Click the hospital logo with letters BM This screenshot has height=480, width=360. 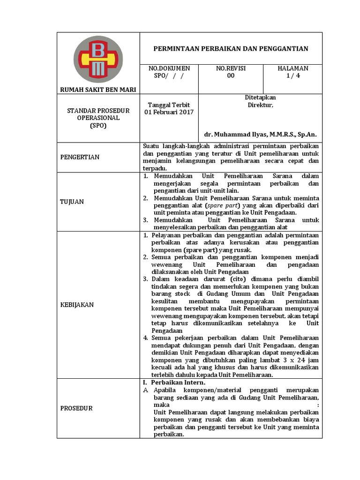pyautogui.click(x=98, y=59)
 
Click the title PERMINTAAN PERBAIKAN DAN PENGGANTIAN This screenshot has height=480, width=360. pyautogui.click(x=231, y=49)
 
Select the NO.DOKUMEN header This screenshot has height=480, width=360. pyautogui.click(x=166, y=68)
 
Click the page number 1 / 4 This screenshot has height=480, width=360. pyautogui.click(x=293, y=76)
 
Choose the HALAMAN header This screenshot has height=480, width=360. pyautogui.click(x=293, y=68)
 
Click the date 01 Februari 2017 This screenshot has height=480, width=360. pyautogui.click(x=169, y=112)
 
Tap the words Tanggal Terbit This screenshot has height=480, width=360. pyautogui.click(x=169, y=105)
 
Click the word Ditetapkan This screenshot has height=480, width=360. pyautogui.click(x=260, y=97)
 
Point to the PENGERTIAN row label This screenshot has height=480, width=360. pyautogui.click(x=80, y=157)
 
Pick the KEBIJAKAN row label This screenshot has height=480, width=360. pyautogui.click(x=77, y=305)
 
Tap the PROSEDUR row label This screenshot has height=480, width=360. pyautogui.click(x=76, y=408)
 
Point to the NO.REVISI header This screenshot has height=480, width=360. pyautogui.click(x=231, y=68)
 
